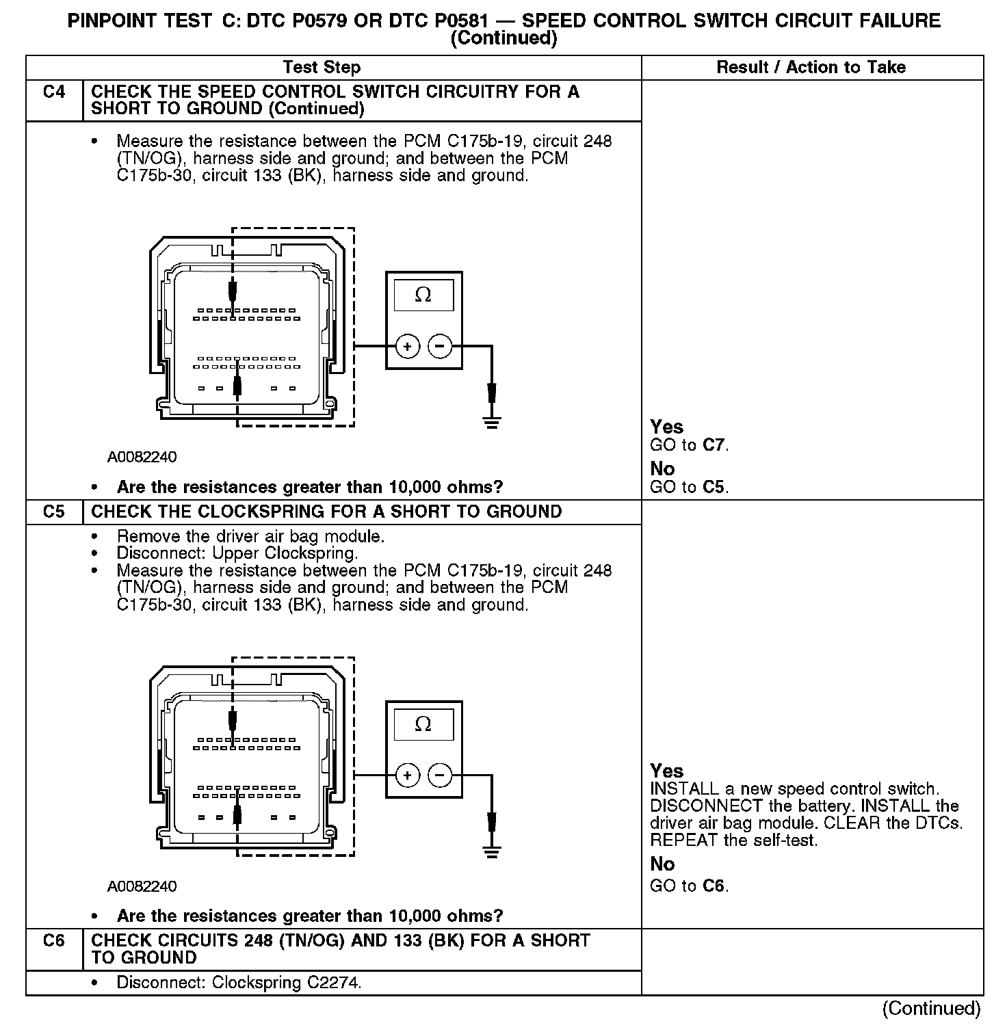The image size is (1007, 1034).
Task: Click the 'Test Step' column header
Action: point(322,67)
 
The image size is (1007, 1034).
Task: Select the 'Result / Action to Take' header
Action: point(811,67)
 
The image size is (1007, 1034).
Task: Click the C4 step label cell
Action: point(54,92)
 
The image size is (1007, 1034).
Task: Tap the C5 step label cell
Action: point(54,512)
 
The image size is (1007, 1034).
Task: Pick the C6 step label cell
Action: point(54,941)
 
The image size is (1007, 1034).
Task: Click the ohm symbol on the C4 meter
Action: point(423,295)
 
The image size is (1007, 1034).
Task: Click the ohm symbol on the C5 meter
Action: point(423,724)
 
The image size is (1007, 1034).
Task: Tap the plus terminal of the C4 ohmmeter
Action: point(408,347)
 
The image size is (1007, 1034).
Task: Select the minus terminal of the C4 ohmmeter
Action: point(440,347)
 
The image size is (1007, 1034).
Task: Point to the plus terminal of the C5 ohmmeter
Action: point(408,775)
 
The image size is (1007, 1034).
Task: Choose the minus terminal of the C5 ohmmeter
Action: point(440,775)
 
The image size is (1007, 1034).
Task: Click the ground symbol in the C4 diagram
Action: point(491,422)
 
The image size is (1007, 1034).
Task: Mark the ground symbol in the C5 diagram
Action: point(491,851)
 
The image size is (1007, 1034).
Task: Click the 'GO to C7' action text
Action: point(689,445)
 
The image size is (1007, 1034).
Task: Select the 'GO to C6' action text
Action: point(689,886)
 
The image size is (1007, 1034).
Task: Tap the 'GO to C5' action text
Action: point(689,488)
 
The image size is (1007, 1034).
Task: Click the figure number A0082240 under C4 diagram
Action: point(142,457)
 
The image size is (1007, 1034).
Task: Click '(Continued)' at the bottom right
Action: point(931,1008)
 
